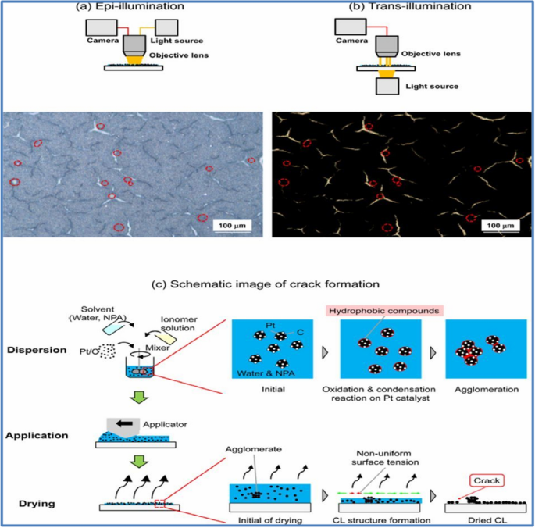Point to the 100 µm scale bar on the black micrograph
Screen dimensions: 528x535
[500, 226]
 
